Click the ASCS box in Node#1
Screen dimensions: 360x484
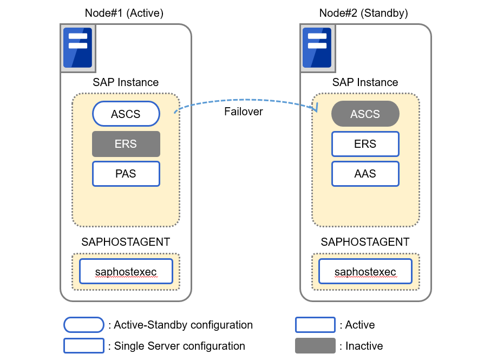coord(126,114)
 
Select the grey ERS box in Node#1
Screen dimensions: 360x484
coord(126,144)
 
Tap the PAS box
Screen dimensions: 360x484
coord(126,174)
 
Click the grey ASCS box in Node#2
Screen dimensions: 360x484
coord(365,114)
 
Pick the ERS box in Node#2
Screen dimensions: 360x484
coord(365,144)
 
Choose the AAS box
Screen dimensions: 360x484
coord(365,174)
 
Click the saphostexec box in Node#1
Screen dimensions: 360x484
coord(126,271)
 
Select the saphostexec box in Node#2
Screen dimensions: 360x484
coord(365,271)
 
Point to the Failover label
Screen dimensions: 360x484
coord(244,112)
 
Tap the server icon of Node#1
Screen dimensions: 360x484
coord(77,48)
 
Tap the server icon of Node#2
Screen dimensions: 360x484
coord(317,48)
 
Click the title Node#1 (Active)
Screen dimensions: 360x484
coord(124,13)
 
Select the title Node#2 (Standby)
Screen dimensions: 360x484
coord(364,13)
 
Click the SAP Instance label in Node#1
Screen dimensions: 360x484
coord(126,82)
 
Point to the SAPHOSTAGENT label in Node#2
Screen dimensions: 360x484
coord(365,242)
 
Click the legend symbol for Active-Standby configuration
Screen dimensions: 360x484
coord(84,325)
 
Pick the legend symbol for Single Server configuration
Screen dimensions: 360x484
coord(84,345)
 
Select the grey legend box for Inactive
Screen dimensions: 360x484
coord(315,345)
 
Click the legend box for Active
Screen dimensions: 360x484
coord(315,325)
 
